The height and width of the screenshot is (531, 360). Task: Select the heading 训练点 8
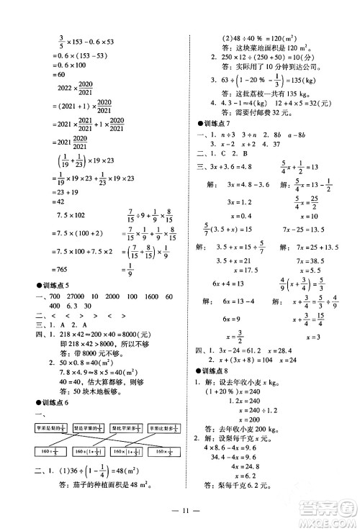point(217,371)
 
